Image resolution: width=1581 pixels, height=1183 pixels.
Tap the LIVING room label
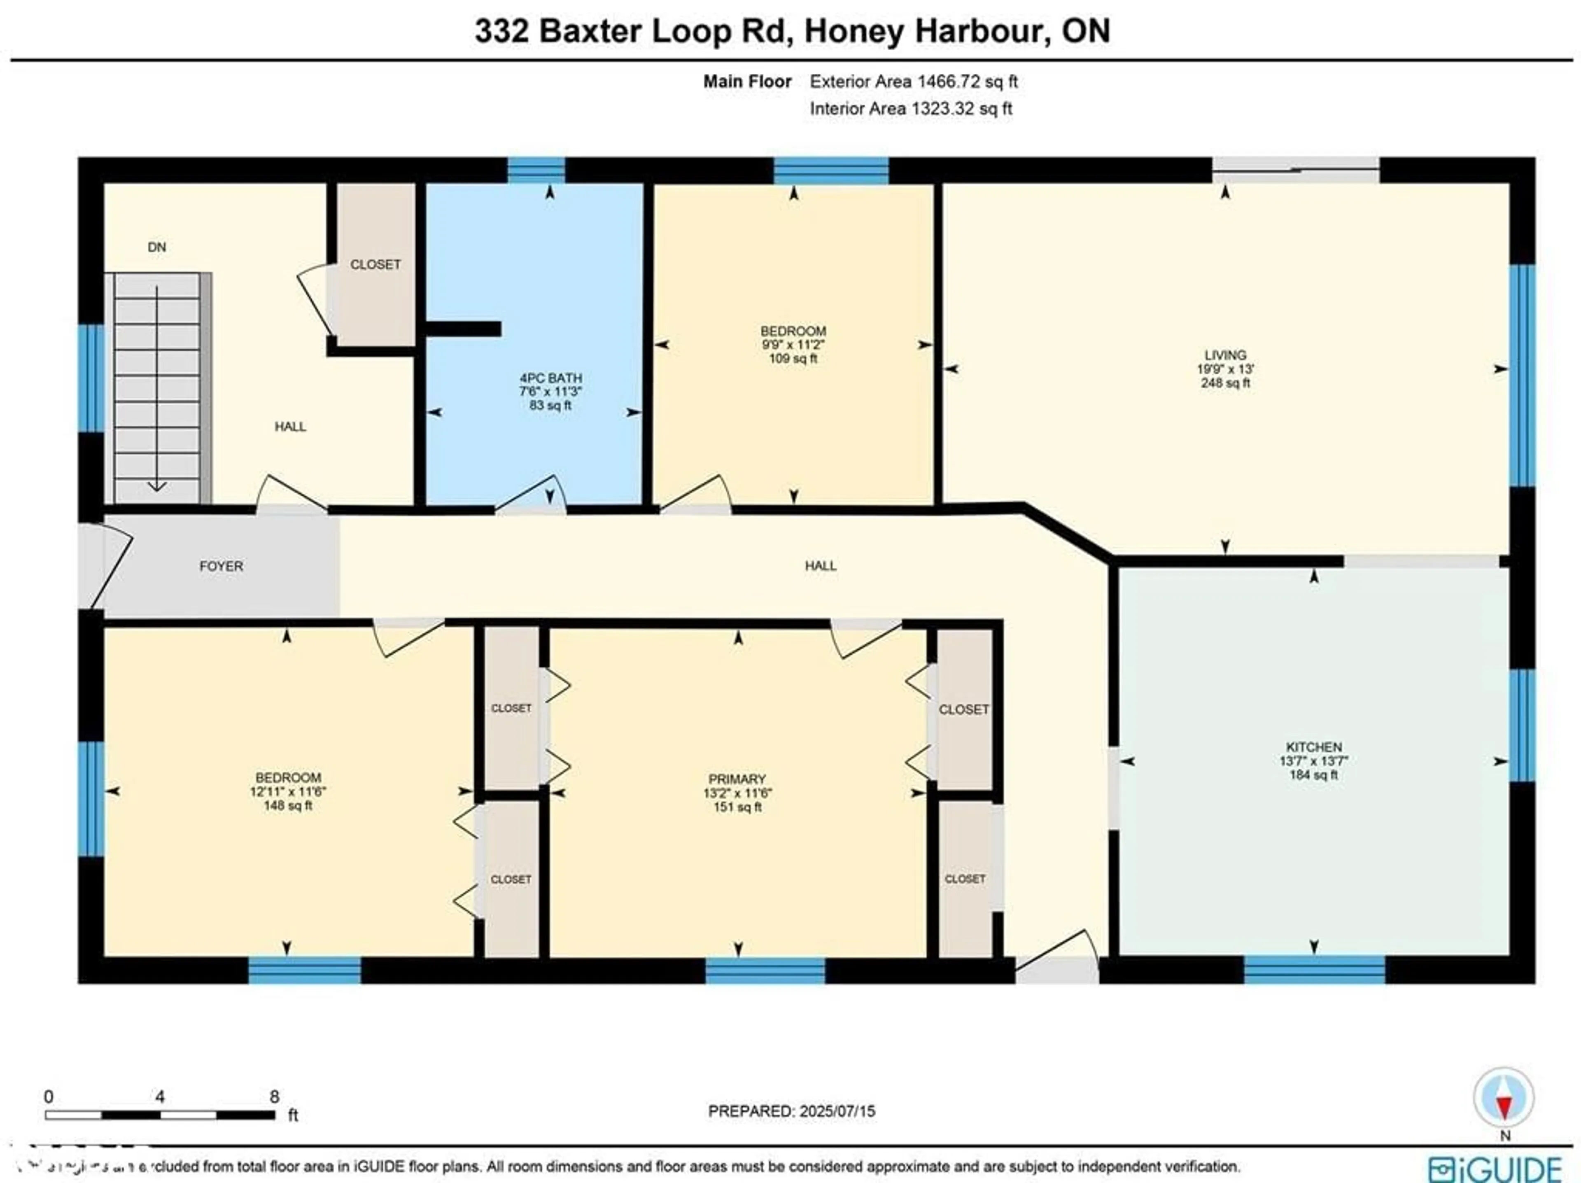pos(1225,355)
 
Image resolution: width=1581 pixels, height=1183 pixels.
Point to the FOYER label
pos(221,566)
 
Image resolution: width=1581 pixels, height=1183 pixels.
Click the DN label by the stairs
pos(156,247)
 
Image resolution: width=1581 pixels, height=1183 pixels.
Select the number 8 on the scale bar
pos(275,1097)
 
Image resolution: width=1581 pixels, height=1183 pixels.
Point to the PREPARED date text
pos(791,1111)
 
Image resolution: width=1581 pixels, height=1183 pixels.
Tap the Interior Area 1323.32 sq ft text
pos(911,109)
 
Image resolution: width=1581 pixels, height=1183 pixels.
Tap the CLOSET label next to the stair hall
pos(375,264)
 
